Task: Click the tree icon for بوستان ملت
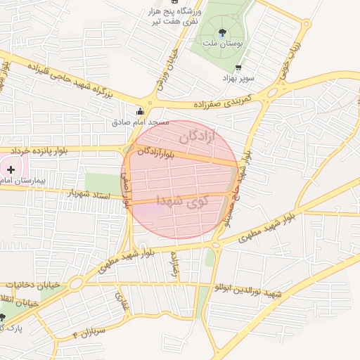(223, 32)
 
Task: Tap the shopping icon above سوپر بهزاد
(238, 68)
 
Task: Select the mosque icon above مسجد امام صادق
(140, 110)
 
